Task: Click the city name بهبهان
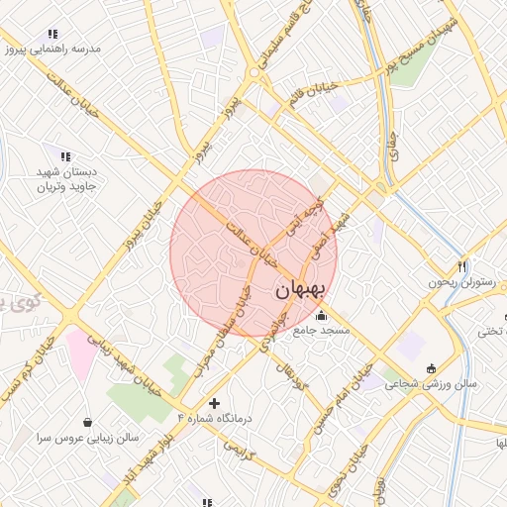297,289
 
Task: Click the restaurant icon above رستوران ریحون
461,267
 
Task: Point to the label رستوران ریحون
460,282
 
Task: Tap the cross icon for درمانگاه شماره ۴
214,403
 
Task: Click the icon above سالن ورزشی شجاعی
430,368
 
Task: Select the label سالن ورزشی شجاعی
431,383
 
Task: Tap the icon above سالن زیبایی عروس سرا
88,422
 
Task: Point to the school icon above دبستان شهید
65,155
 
